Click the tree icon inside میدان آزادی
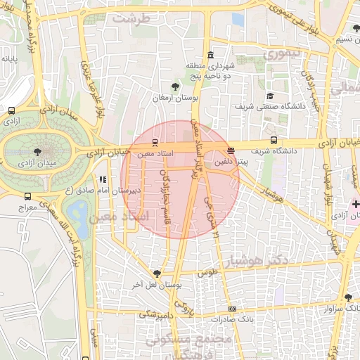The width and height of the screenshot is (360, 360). pos(37,150)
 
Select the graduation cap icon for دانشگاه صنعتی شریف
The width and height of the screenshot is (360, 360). pos(269,96)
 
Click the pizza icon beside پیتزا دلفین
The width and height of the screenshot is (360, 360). pos(231,150)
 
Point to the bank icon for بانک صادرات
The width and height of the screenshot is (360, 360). pos(233,309)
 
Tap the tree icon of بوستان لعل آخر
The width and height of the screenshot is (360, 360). pos(157,274)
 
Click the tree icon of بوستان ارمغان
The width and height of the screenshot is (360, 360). pos(165,86)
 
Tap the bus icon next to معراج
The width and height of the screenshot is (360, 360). pos(27,197)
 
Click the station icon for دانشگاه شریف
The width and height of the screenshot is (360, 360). pos(274,141)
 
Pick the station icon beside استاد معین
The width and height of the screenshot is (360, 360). pos(155,143)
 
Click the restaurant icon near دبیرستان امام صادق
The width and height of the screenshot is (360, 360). pos(103,179)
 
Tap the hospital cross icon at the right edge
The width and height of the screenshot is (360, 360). pos(356,204)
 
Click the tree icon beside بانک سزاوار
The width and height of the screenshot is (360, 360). pos(348,297)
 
